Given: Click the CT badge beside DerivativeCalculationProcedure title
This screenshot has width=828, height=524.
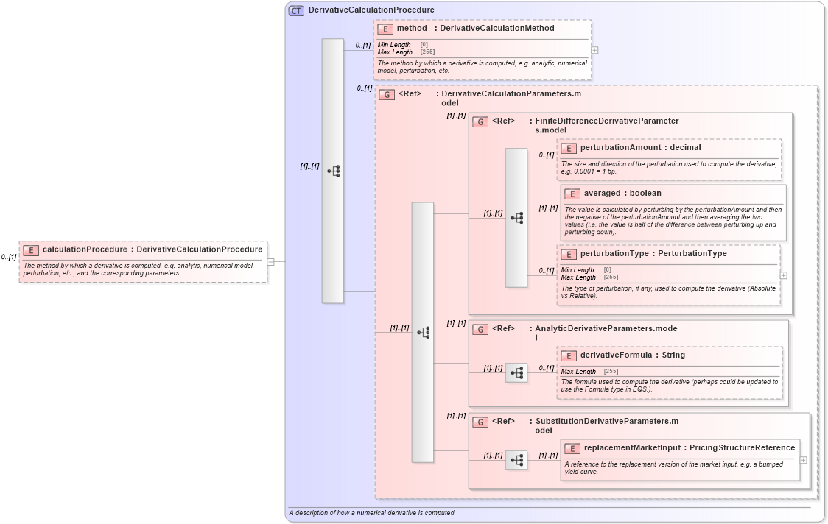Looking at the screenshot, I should (296, 10).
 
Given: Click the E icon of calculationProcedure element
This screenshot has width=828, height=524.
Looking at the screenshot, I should (30, 249).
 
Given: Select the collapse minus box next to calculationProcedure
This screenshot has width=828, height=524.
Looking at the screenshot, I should (271, 261).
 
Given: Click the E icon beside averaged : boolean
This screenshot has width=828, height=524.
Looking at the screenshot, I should (572, 194).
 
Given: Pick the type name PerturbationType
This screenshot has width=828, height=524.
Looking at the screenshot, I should (692, 254).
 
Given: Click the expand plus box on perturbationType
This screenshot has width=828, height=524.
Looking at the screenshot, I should (783, 275).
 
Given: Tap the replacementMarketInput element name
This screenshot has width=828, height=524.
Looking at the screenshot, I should (632, 447).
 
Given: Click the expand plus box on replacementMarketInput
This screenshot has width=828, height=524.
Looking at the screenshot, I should (803, 460).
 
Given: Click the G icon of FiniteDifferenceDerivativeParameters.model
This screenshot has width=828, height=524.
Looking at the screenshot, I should (480, 121).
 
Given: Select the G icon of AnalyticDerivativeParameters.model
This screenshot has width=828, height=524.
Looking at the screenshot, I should (480, 329).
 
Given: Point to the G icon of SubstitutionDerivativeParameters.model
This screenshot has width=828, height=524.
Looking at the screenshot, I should (480, 422).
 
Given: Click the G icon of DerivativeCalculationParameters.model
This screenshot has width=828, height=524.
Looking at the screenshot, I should (387, 94).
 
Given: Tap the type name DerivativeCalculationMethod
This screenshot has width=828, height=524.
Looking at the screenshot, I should (497, 29).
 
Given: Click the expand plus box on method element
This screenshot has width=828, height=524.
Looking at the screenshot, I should (594, 50).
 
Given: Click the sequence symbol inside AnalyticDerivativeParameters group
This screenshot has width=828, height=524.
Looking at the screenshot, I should (516, 373).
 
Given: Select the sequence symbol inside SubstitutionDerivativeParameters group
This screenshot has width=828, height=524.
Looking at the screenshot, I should (516, 461).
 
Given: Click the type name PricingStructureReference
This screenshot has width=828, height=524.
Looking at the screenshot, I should (743, 447).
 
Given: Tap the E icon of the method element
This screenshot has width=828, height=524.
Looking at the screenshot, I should (385, 29).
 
